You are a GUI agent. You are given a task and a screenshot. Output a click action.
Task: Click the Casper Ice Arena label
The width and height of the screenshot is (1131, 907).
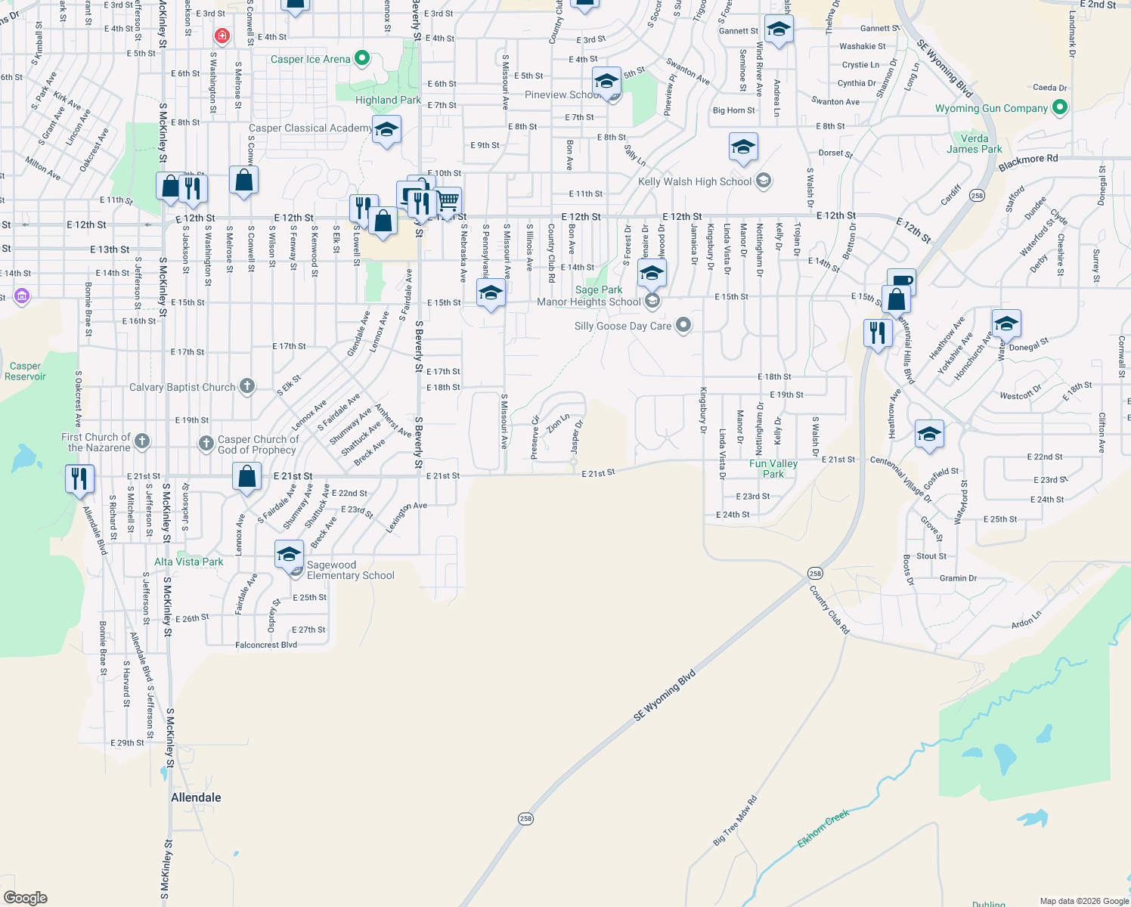tap(310, 59)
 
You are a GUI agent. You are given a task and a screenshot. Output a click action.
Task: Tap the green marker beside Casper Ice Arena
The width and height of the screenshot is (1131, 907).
tap(362, 58)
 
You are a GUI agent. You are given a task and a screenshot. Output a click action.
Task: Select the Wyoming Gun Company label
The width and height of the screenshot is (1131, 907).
tap(991, 109)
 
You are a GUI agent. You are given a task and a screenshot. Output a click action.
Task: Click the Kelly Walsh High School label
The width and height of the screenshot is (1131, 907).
tap(695, 181)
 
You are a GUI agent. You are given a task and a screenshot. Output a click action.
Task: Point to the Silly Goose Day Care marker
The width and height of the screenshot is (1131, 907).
tap(683, 326)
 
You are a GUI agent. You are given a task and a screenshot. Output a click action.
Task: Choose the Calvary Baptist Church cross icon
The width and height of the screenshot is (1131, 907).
tap(247, 387)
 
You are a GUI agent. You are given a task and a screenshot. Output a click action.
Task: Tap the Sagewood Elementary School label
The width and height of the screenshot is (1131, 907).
tap(350, 571)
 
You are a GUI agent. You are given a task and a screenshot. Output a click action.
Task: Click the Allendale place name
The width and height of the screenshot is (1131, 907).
tap(196, 797)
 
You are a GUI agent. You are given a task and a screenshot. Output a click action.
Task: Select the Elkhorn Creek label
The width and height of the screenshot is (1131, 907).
tap(823, 828)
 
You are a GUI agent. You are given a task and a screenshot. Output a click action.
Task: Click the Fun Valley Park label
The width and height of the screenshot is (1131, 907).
tap(773, 469)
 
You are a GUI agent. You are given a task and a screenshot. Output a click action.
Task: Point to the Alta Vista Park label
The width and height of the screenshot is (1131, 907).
tap(188, 562)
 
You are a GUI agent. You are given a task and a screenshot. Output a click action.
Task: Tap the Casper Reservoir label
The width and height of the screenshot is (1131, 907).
tap(25, 371)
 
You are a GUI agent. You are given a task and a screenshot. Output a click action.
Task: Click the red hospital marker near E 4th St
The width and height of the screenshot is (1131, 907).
tap(222, 36)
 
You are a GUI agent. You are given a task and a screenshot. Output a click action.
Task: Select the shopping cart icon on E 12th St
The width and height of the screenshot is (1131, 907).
tap(448, 200)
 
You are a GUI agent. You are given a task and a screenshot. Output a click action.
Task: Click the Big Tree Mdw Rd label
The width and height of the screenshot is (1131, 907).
tap(735, 821)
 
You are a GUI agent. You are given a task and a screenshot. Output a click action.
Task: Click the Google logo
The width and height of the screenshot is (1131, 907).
tap(26, 898)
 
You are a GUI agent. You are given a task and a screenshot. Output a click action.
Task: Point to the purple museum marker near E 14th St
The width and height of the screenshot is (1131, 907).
tap(22, 296)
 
